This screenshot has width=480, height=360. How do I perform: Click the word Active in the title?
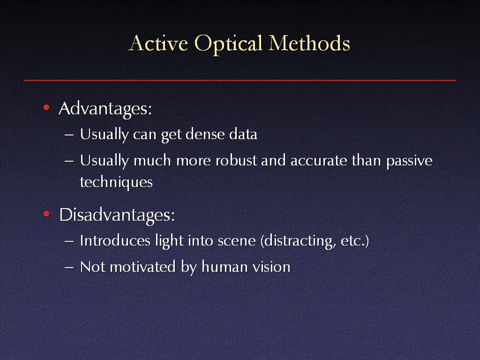pos(158,43)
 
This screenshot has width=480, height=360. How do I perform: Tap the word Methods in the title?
pos(309,43)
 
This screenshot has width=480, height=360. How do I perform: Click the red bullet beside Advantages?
pos(46,107)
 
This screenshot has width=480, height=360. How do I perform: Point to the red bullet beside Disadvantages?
pos(46,214)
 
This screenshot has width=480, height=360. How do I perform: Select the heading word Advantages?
pos(105,109)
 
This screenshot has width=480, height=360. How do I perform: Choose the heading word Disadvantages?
pos(117,215)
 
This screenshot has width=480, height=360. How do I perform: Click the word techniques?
pos(116,182)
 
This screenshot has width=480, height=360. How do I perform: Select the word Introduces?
pos(115,240)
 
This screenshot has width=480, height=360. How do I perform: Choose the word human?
pos(225,267)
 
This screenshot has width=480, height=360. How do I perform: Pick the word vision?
pos(271,267)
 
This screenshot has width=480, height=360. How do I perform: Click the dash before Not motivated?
pos(69,268)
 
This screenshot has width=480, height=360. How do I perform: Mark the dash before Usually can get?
pos(69,135)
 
